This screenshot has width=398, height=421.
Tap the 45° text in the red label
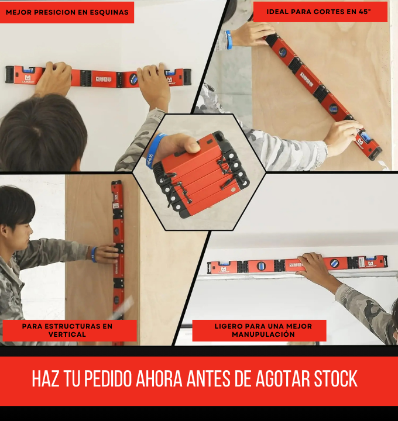(x=365, y=11)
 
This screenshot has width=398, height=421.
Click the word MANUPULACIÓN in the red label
(x=259, y=334)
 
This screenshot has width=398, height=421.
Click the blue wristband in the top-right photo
(x=229, y=40)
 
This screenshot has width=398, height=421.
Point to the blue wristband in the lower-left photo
(x=94, y=254)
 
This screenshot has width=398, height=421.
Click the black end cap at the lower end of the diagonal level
(x=375, y=153)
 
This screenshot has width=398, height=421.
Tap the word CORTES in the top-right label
(x=332, y=11)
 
